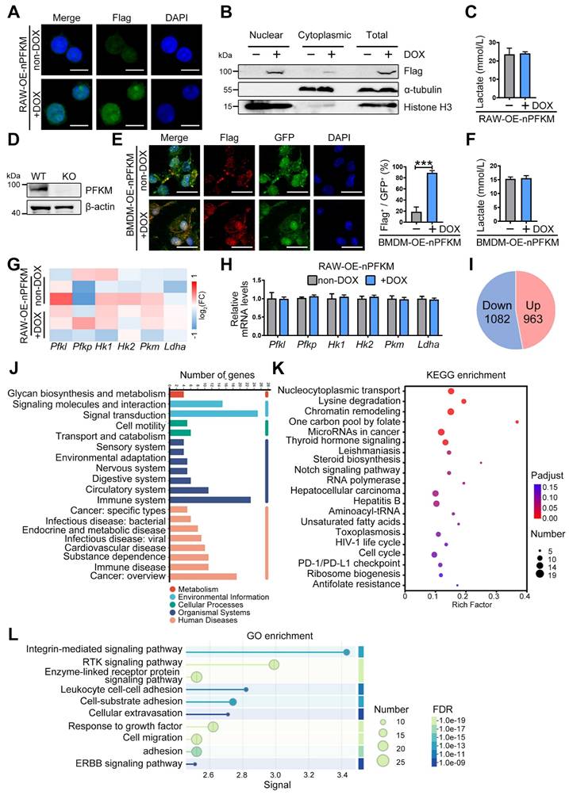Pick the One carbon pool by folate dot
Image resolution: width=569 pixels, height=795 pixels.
[517, 422]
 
